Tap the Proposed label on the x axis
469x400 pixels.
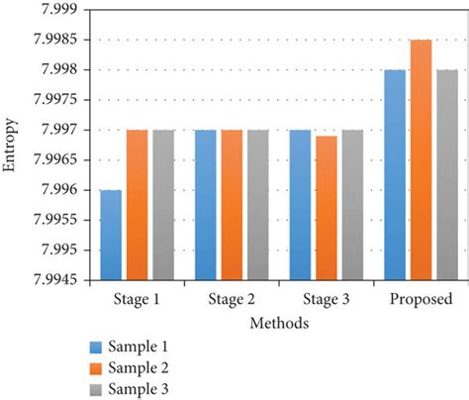(421, 299)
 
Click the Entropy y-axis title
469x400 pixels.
(11, 146)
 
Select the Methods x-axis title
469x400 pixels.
(277, 323)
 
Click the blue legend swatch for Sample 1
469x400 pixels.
(95, 348)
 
